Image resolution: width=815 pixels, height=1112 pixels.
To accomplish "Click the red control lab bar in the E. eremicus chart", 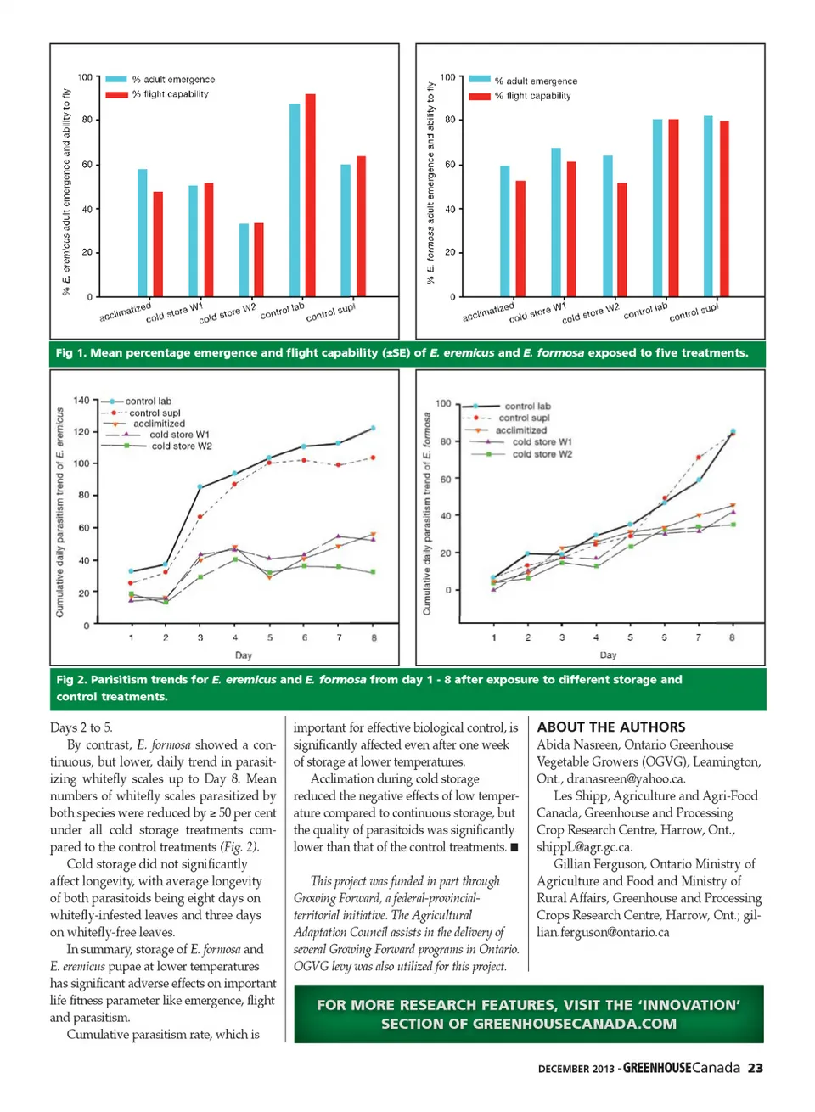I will pyautogui.click(x=310, y=195).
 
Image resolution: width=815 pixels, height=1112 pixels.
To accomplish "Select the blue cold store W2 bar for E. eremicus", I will pyautogui.click(x=244, y=260).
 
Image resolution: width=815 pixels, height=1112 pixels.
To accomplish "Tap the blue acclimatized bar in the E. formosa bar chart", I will pyautogui.click(x=505, y=231).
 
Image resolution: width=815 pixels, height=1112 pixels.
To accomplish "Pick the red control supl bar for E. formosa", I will pyautogui.click(x=724, y=209).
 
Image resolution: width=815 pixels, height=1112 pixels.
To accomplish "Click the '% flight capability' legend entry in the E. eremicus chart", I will pyautogui.click(x=170, y=94).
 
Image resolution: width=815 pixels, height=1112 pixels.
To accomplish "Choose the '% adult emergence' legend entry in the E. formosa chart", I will pyautogui.click(x=536, y=81).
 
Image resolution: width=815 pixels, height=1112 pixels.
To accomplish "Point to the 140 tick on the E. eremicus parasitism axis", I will pyautogui.click(x=81, y=400).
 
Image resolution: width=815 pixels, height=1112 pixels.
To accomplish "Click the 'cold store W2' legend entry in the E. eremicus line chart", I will pyautogui.click(x=181, y=446).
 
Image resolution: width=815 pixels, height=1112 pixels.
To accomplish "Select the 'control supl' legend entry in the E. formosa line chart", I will pyautogui.click(x=524, y=418).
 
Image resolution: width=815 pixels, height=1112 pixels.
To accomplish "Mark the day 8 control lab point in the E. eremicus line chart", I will pyautogui.click(x=373, y=428).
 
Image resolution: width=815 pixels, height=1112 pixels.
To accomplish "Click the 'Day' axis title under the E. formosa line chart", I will pyautogui.click(x=608, y=655).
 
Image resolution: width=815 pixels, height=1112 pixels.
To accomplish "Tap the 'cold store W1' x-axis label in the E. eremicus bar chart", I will pyautogui.click(x=174, y=312).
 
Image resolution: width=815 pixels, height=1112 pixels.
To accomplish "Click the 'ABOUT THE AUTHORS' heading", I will pyautogui.click(x=611, y=727).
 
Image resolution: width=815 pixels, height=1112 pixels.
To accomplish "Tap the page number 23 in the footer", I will pyautogui.click(x=755, y=1068).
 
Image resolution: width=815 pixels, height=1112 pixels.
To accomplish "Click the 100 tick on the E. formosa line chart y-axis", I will pyautogui.click(x=442, y=403).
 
